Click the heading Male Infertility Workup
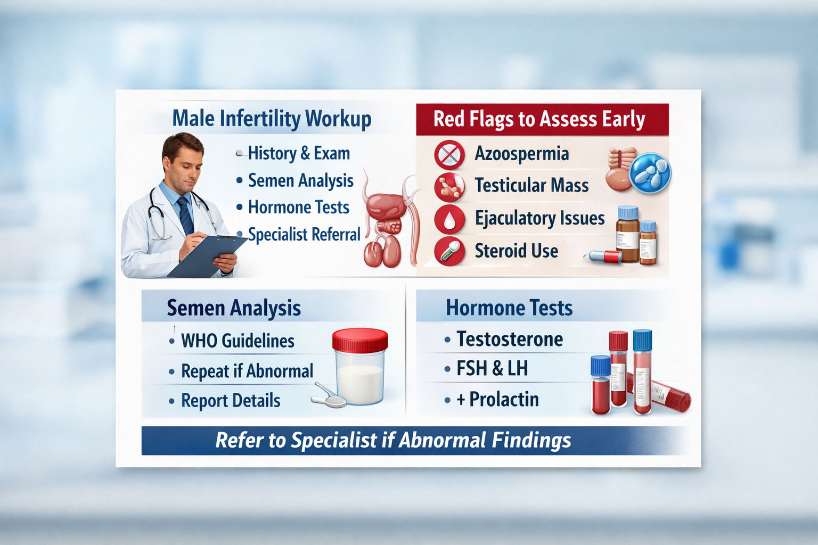pyautogui.click(x=272, y=119)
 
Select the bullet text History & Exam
pyautogui.click(x=299, y=153)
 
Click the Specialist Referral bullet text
pyautogui.click(x=304, y=234)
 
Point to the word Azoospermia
pyautogui.click(x=521, y=154)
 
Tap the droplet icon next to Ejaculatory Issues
pyautogui.click(x=449, y=219)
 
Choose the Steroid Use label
pyautogui.click(x=516, y=251)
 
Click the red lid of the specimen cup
pyautogui.click(x=360, y=340)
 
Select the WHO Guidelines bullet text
pyautogui.click(x=238, y=341)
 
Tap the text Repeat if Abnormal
pyautogui.click(x=247, y=371)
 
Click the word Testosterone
pyautogui.click(x=510, y=339)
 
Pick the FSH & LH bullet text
pyautogui.click(x=492, y=368)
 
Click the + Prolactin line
pyautogui.click(x=497, y=399)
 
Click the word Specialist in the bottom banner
pyautogui.click(x=334, y=440)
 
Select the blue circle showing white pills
pyautogui.click(x=650, y=174)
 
